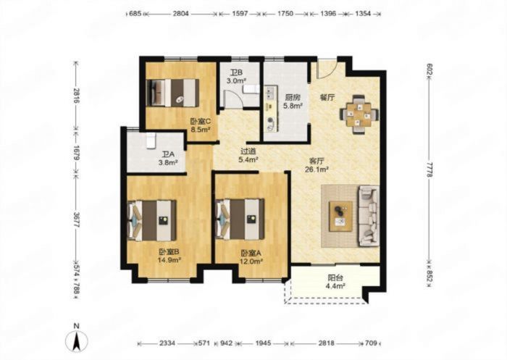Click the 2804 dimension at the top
181,14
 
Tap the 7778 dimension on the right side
429,169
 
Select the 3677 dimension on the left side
76,220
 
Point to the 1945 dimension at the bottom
262,343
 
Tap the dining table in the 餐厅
359,114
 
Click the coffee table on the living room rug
340,217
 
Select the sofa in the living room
368,216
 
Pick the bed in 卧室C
172,93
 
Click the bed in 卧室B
152,220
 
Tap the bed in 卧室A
240,219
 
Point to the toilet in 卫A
151,141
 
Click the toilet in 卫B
251,88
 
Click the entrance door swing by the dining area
327,68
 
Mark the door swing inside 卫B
233,99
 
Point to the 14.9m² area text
169,260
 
